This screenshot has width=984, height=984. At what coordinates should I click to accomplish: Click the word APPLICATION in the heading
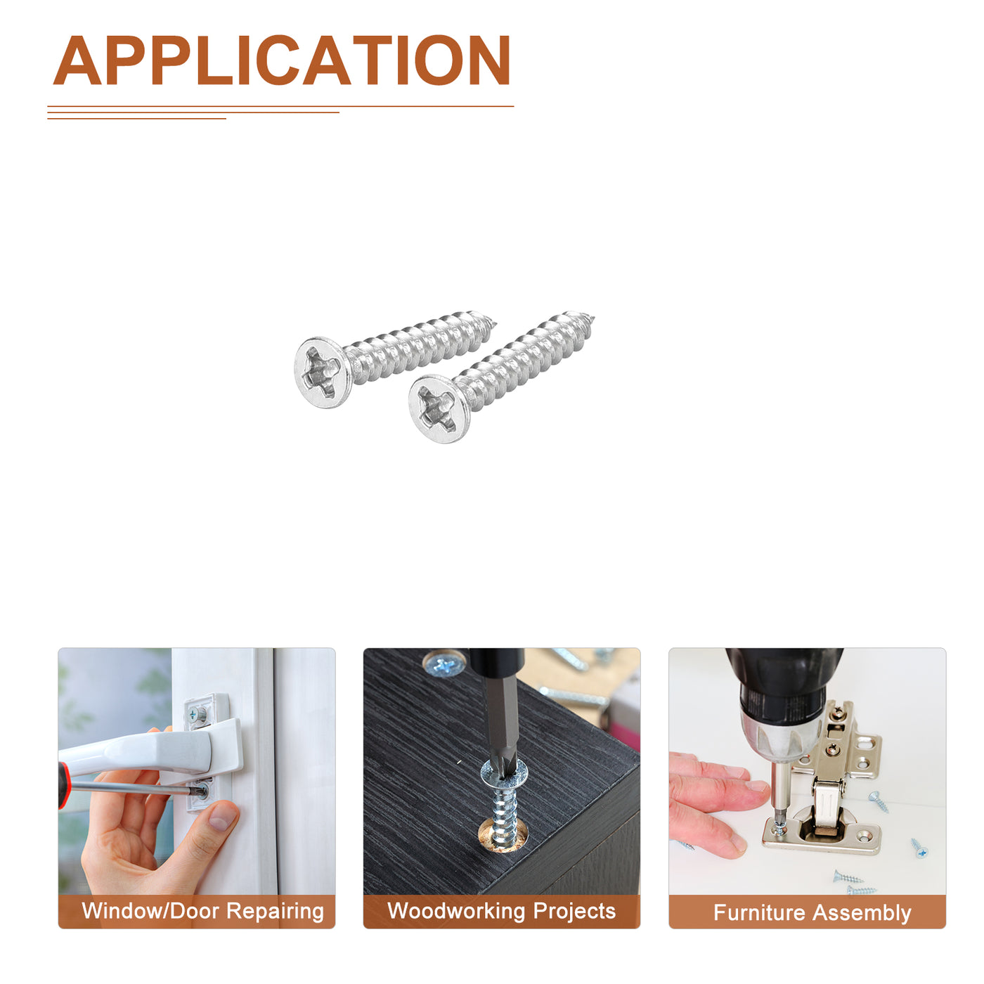click(281, 60)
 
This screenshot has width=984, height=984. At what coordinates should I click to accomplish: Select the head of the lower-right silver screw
click(438, 408)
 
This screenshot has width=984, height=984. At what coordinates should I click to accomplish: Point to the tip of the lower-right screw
click(593, 319)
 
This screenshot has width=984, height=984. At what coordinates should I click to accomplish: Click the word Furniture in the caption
click(759, 912)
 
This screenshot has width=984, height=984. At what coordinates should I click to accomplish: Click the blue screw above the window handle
click(197, 713)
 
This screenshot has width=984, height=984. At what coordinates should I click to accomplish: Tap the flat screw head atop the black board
click(444, 663)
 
